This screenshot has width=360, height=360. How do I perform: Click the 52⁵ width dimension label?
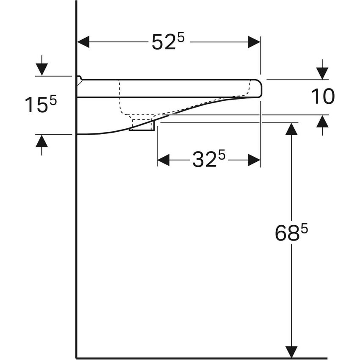point(168,42)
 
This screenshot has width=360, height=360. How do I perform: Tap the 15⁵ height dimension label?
point(40,105)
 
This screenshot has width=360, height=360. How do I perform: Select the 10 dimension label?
point(323,97)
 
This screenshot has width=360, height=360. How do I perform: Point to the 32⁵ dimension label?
point(208,160)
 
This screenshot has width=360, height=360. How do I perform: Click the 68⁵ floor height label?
point(291,233)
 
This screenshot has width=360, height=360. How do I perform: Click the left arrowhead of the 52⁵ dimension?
point(83,42)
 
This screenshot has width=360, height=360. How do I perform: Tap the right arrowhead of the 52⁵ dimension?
point(254,42)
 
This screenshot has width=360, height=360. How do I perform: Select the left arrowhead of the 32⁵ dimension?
point(163,160)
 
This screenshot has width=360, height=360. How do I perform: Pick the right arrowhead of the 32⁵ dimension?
point(254,160)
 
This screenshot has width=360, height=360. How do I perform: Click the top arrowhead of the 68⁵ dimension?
point(291,129)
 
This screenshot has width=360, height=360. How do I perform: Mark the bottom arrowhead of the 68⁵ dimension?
point(291,352)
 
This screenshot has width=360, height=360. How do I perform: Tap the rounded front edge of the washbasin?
point(258,89)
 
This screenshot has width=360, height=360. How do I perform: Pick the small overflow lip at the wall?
point(79,80)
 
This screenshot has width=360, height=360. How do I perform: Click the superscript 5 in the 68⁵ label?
point(304,227)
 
